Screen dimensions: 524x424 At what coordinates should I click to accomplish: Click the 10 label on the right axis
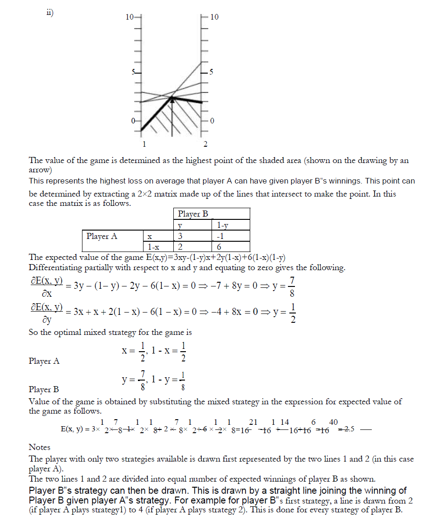(x=214, y=17)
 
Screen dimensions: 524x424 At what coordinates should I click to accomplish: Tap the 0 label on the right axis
(x=212, y=121)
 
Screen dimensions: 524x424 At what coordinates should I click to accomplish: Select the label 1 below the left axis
(x=144, y=143)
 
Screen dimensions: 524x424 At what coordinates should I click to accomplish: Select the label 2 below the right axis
(x=205, y=143)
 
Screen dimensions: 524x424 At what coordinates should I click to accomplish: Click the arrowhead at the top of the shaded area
(x=172, y=98)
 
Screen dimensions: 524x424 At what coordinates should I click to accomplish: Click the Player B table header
(x=193, y=214)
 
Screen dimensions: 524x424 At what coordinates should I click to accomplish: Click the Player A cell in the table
(x=102, y=236)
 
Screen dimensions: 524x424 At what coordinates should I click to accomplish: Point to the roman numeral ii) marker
(x=49, y=13)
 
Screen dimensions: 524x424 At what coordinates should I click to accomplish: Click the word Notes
(x=40, y=447)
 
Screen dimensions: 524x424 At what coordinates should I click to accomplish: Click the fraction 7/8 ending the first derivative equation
(x=292, y=289)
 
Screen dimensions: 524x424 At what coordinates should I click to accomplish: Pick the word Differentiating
(x=54, y=268)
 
